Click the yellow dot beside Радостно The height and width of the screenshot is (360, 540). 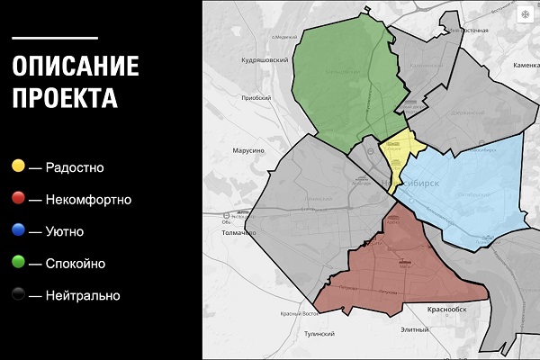[18, 166]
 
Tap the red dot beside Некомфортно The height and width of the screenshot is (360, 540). [18, 199]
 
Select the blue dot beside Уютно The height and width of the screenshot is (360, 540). [18, 231]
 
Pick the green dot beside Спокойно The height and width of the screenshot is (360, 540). [18, 264]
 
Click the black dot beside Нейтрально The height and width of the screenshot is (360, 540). [18, 295]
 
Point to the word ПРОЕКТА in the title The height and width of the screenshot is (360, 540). [66, 97]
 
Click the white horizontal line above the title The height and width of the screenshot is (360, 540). [55, 38]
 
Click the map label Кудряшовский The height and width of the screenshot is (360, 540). [264, 59]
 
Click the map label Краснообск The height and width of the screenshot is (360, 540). [447, 308]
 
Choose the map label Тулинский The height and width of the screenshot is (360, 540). [319, 332]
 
